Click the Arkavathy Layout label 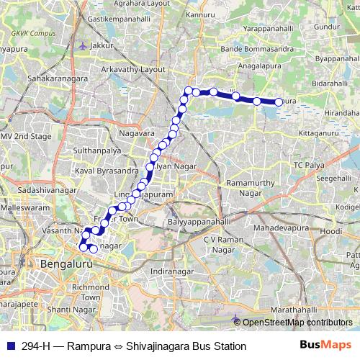pos(134,70)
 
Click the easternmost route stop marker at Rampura pos(278,102)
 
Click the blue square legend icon pos(8,346)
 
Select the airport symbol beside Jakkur pos(84,45)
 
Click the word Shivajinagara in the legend pos(159,346)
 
